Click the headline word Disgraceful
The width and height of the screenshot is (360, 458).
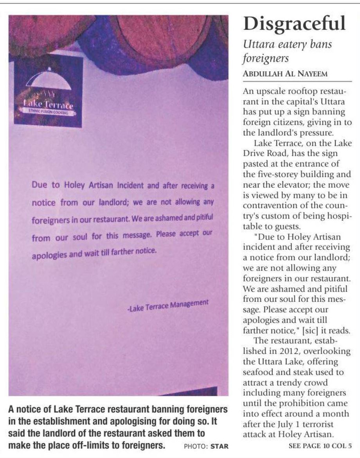tap(294, 23)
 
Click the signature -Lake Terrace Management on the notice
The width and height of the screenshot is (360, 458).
tap(167, 305)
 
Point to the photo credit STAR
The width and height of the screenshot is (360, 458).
tap(219, 446)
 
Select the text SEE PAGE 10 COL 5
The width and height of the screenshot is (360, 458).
tap(320, 445)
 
